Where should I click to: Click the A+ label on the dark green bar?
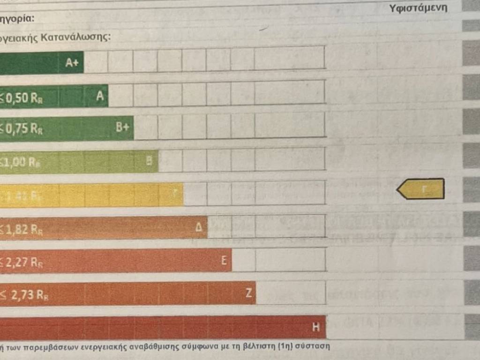point(72,63)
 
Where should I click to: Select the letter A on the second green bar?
point(99,96)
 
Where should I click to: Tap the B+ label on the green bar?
point(122,128)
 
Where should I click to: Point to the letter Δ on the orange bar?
point(199,228)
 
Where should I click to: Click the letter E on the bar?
point(224,262)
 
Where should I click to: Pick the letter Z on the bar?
point(249,293)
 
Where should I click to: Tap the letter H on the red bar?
point(316,328)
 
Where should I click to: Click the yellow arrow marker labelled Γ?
point(421,189)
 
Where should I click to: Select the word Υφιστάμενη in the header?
point(418,8)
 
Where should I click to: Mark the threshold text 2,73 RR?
point(26,295)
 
